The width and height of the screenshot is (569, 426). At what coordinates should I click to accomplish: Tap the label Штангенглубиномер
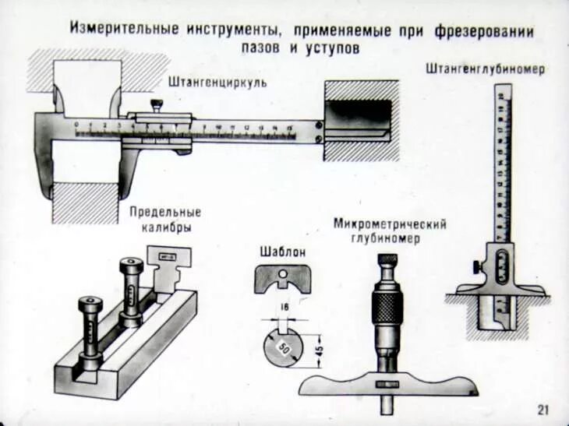point(485,69)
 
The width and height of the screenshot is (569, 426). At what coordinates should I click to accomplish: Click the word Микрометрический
point(390,224)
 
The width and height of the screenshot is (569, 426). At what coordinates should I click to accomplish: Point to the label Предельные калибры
point(165,220)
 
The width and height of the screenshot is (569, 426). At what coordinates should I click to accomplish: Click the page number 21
point(543,410)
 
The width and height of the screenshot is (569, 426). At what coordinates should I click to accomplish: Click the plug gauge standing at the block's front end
point(90,331)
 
